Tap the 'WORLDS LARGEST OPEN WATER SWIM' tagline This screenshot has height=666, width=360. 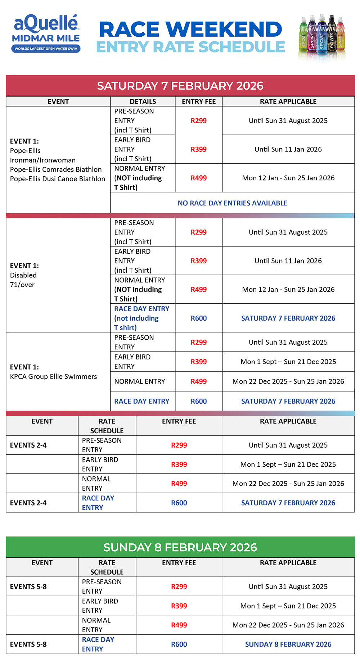click(46, 49)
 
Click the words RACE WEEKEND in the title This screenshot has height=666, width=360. click(190, 30)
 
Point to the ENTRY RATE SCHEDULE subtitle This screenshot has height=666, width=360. click(190, 47)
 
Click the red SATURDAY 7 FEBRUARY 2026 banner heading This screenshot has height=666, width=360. click(180, 86)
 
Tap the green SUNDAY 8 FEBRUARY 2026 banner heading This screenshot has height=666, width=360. click(180, 547)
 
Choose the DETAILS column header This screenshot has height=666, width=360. click(143, 101)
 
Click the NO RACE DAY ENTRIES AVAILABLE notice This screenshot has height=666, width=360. click(232, 203)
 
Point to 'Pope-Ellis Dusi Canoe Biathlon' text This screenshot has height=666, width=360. click(58, 179)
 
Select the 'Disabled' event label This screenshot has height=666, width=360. click(23, 275)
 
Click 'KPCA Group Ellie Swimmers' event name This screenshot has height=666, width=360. click(53, 376)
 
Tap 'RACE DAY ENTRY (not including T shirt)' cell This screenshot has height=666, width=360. click(141, 318)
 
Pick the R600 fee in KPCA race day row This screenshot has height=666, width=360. click(199, 401)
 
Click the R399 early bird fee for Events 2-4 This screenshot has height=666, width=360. click(179, 465)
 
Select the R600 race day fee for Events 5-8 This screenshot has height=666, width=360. click(179, 644)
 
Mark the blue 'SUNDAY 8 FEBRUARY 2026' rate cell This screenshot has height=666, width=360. click(288, 644)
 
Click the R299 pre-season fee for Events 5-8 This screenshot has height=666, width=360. click(179, 586)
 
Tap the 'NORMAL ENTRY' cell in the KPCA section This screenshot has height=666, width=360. click(140, 381)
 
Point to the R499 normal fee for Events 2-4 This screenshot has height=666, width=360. click(179, 484)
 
